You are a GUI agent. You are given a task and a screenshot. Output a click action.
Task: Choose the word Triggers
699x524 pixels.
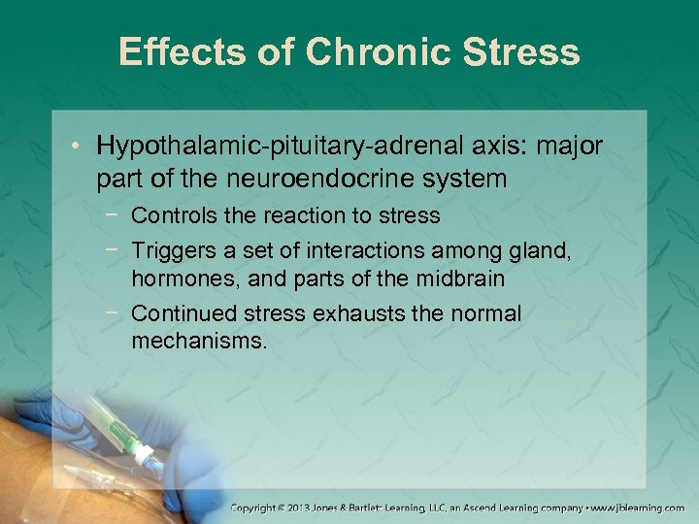169,251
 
